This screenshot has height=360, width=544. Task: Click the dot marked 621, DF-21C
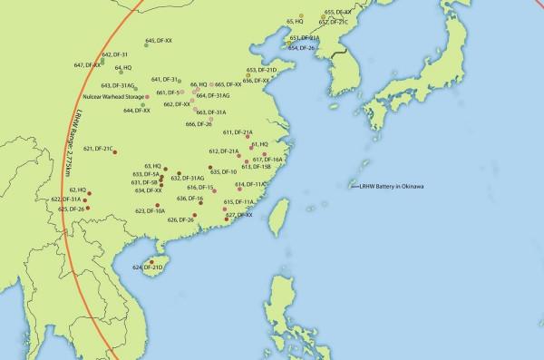(x=115, y=151)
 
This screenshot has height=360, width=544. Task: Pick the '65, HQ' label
(x=295, y=19)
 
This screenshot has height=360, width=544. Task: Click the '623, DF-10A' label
(x=150, y=210)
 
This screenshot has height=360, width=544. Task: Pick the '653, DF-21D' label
(x=261, y=70)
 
